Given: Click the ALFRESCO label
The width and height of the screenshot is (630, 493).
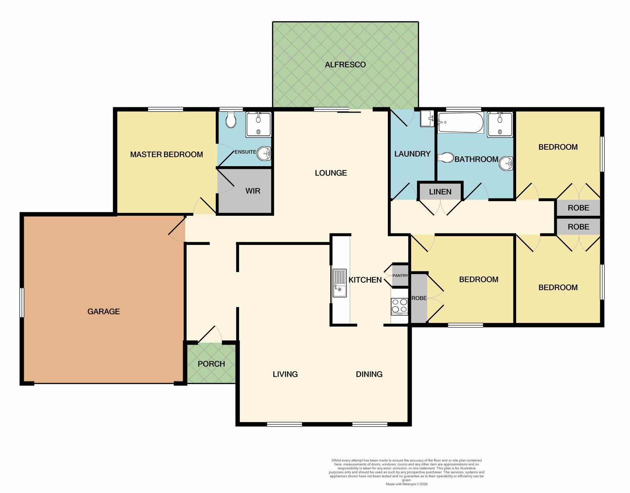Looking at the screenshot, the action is tap(345, 65).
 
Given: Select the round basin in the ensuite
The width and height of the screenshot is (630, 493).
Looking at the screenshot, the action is tap(264, 153).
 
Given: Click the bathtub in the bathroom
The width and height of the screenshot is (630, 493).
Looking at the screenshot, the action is tap(460, 122).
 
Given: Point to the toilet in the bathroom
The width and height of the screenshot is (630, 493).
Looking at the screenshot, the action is tap(446, 158).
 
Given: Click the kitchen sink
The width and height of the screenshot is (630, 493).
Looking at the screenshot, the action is tap(339, 283).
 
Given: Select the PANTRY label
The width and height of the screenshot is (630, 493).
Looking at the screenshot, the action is tap(400, 275).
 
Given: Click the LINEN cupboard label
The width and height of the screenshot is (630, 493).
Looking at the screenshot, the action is tap(440, 192).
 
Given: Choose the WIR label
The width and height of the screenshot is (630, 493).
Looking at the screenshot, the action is tap(253, 191).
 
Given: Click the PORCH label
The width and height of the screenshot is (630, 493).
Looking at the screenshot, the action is tap(211, 364).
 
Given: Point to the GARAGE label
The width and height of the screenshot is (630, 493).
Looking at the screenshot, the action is tap(104, 311).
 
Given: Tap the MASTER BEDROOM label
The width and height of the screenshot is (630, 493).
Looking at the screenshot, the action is tap(167, 154).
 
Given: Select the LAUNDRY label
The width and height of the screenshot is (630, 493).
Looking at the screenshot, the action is tap(412, 154).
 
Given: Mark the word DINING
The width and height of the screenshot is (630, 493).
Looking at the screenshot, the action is tap(369, 374).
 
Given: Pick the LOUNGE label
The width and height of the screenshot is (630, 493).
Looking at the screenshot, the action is tap(331, 173).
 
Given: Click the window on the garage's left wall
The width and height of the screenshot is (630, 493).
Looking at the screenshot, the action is tap(22, 302).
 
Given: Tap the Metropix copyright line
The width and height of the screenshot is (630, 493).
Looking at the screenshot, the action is tap(406, 484).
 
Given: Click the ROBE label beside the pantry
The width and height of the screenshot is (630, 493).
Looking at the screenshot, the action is tap(419, 298).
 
